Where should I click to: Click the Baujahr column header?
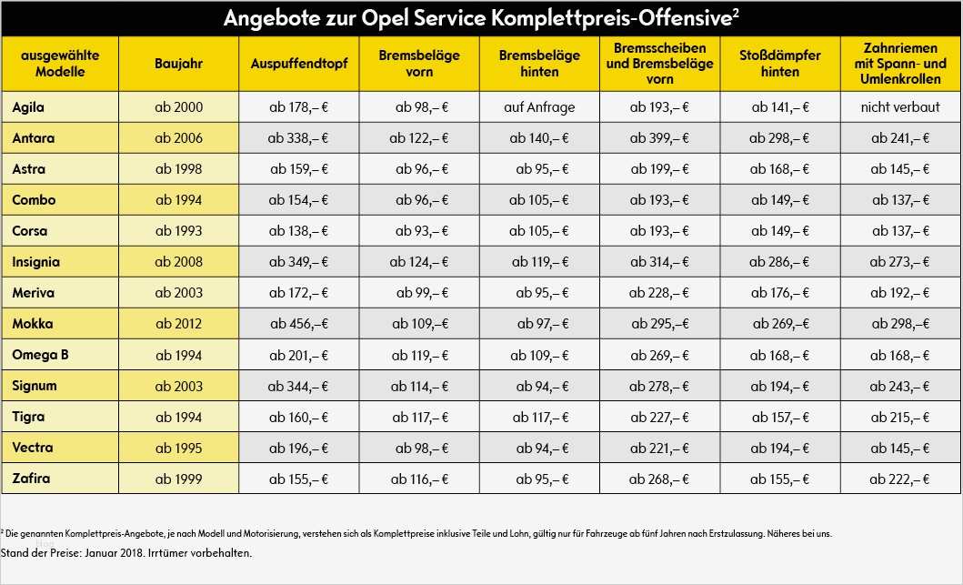click(x=178, y=64)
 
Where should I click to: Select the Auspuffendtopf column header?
click(x=299, y=64)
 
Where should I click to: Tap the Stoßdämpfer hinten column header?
click(x=779, y=64)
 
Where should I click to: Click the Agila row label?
click(x=29, y=107)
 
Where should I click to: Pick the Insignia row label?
click(x=36, y=262)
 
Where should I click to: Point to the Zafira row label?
click(x=31, y=479)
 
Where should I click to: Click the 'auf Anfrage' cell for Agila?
click(x=539, y=107)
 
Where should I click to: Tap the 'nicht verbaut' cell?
click(x=900, y=107)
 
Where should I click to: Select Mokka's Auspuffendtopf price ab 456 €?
click(x=299, y=324)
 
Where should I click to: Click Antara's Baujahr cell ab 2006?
click(x=178, y=138)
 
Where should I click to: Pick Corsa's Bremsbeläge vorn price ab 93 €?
click(x=421, y=231)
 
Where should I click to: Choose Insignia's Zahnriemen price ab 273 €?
click(x=900, y=262)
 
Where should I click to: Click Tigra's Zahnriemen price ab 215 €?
click(x=900, y=417)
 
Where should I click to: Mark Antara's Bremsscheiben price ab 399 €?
click(x=659, y=138)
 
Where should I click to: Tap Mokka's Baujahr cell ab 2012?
click(x=178, y=324)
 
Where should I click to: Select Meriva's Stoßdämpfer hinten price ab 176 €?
click(x=779, y=293)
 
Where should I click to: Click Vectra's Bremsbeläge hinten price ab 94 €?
click(x=539, y=448)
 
